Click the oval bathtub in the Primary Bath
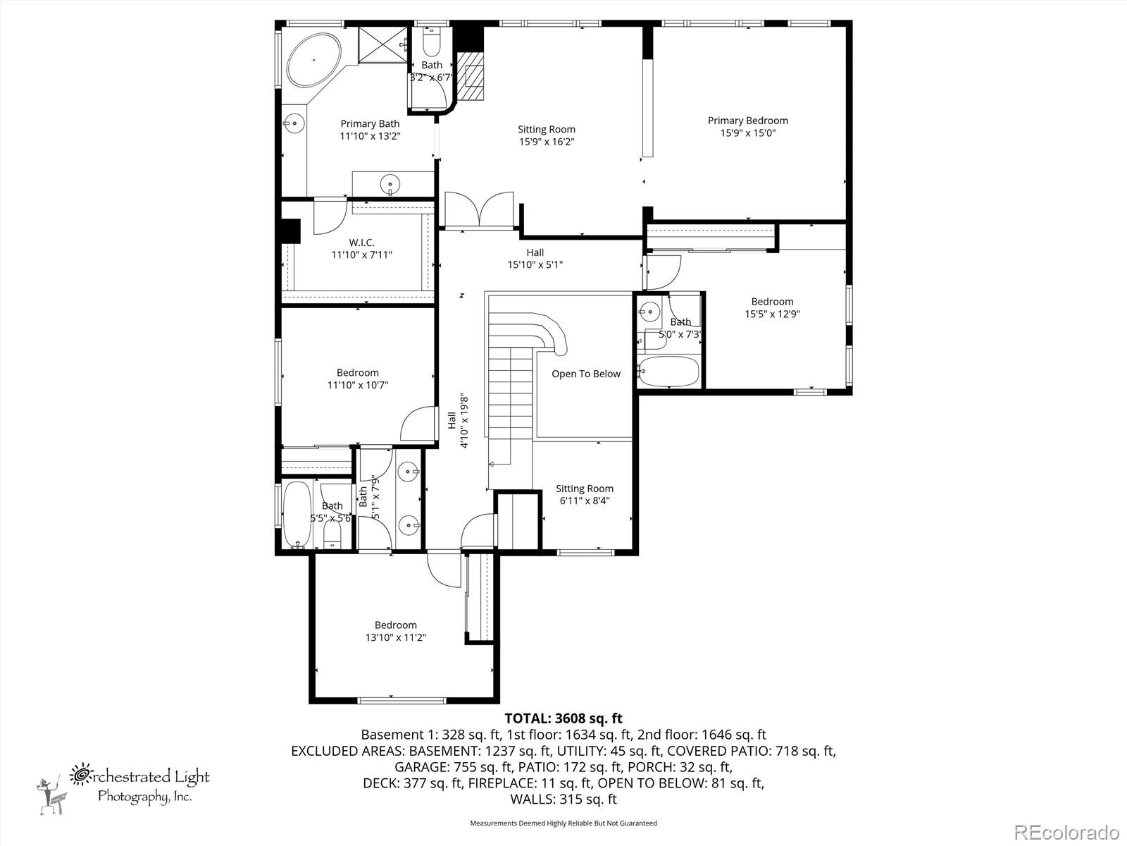click(313, 60)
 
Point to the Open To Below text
click(586, 374)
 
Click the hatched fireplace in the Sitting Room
click(471, 77)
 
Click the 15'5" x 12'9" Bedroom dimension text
click(772, 314)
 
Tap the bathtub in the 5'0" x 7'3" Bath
click(668, 371)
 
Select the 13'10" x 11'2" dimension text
click(395, 637)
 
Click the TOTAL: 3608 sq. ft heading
click(563, 718)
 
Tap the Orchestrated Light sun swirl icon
click(80, 775)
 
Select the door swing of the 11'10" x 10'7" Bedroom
click(418, 423)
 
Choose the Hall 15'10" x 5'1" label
click(535, 258)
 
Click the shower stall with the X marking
click(383, 45)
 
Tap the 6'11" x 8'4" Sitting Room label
click(585, 495)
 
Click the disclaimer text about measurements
click(563, 823)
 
